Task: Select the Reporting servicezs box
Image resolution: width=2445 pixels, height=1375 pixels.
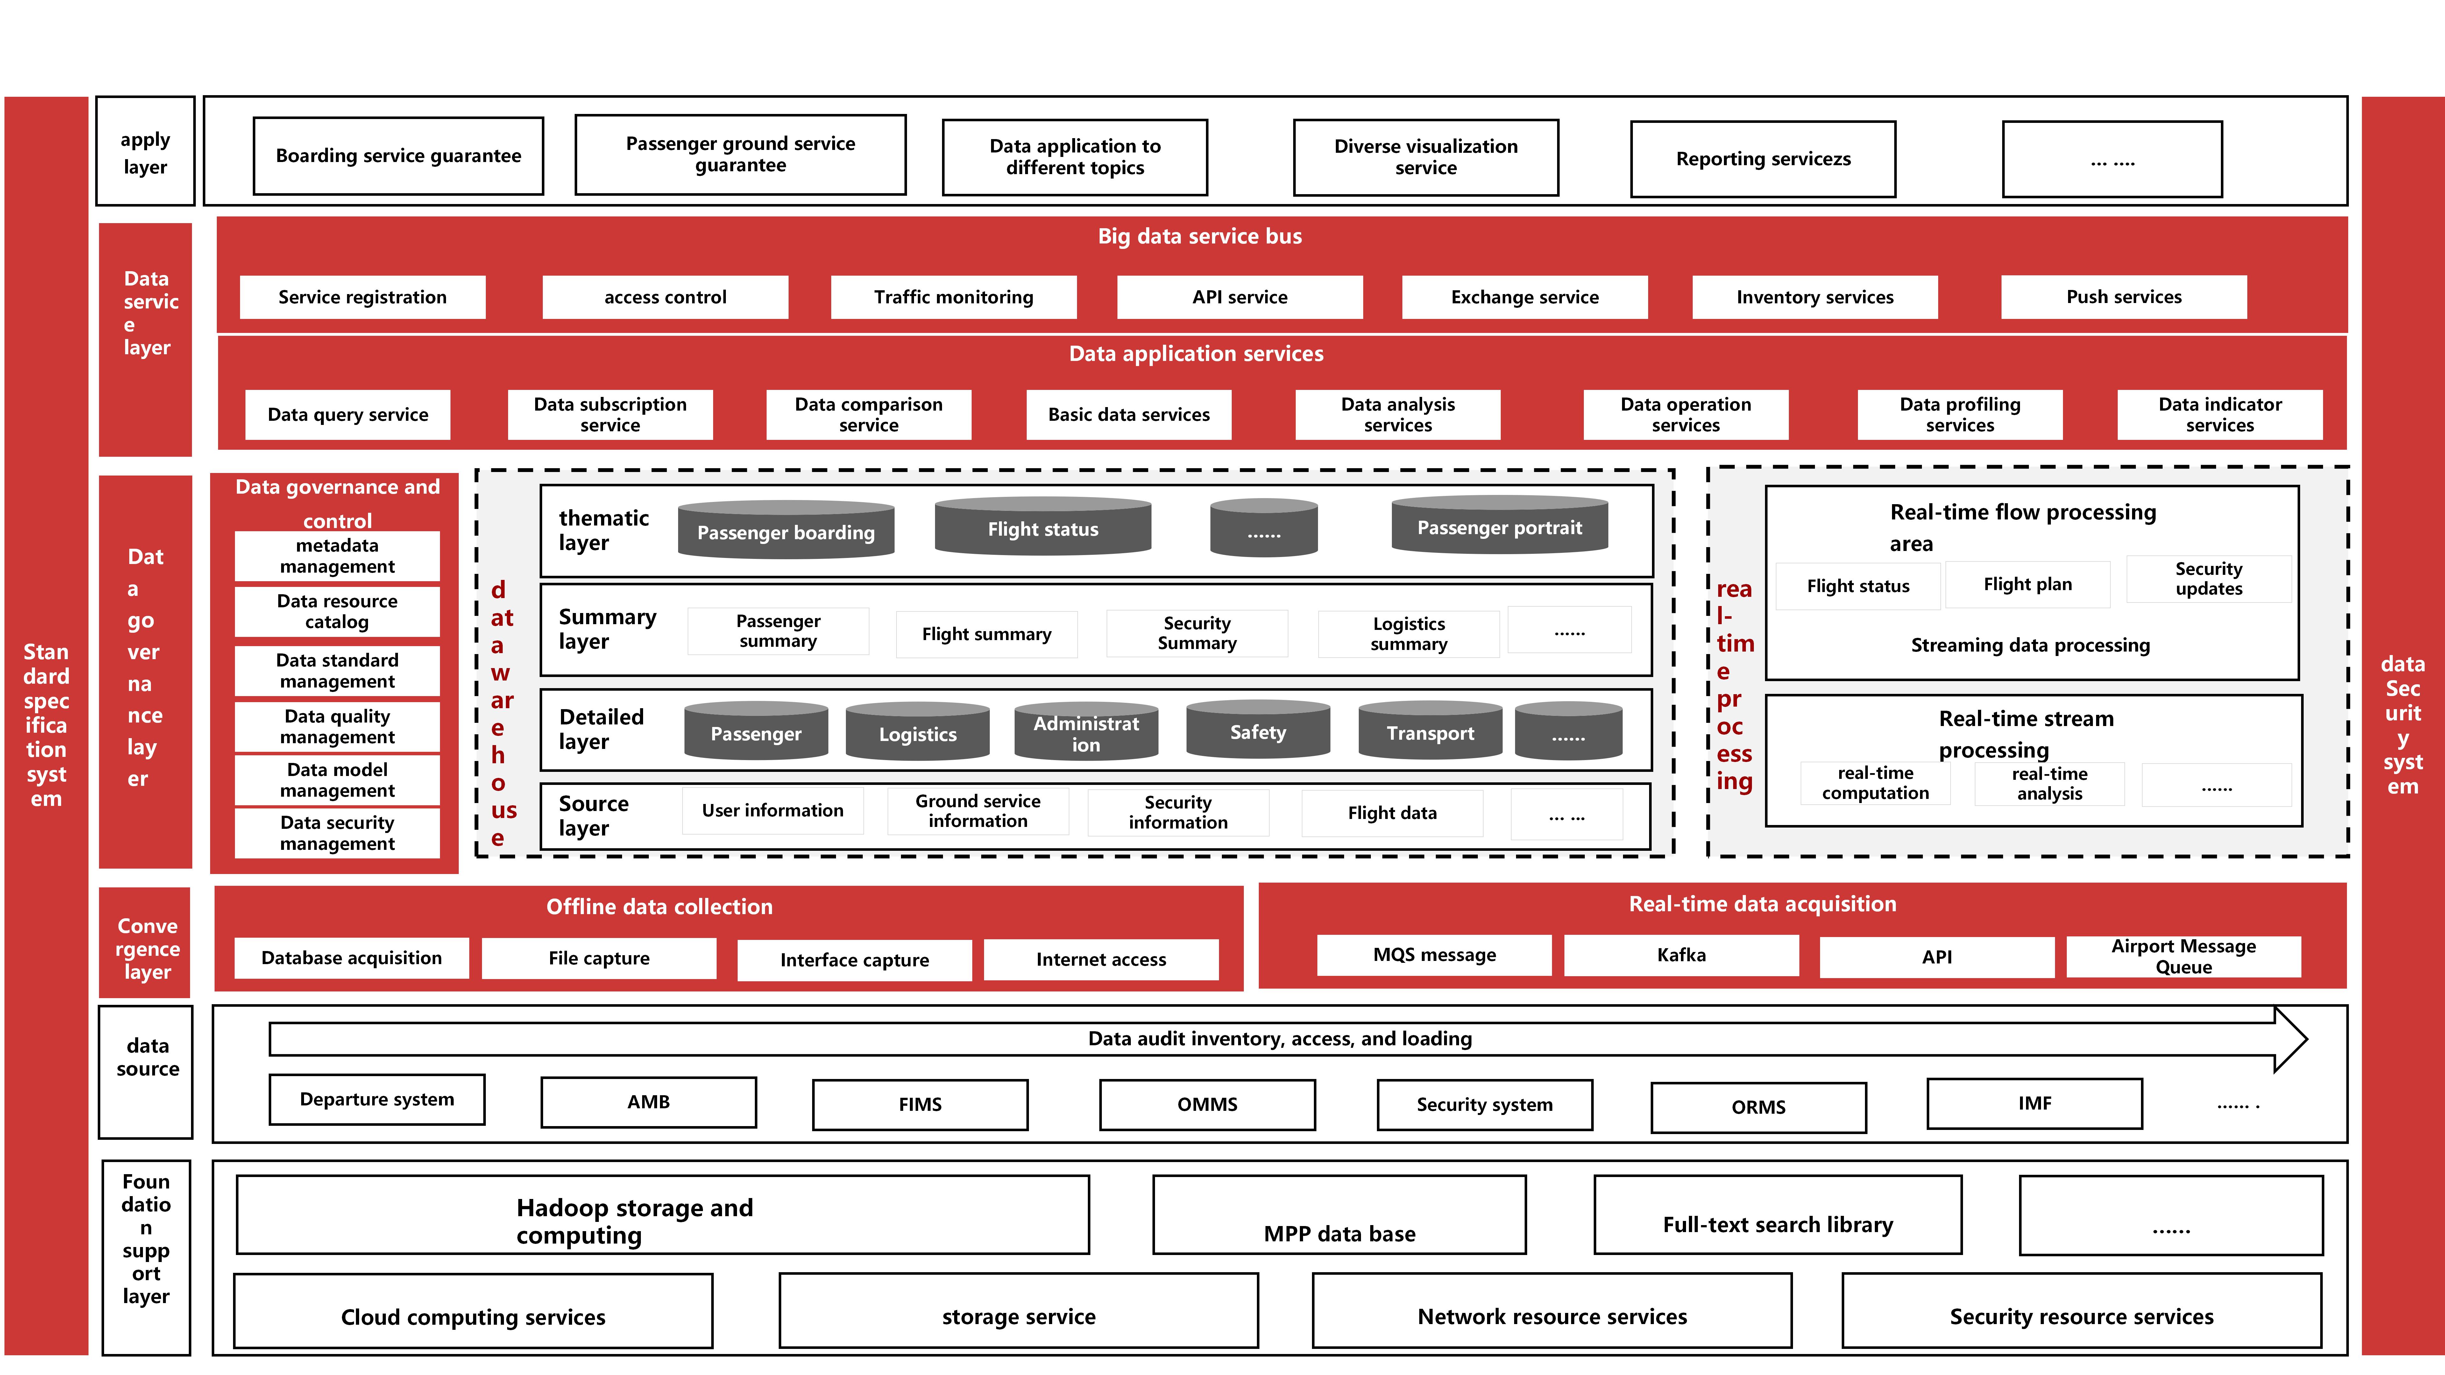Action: (1762, 159)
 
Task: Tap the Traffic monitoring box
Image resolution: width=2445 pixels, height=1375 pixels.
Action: (953, 297)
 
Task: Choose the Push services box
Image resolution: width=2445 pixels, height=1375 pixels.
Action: (2123, 297)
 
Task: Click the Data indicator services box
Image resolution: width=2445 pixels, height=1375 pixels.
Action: (2219, 415)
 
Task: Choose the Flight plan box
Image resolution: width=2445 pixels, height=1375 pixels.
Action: (2027, 585)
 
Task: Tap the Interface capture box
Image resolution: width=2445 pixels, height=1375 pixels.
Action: (854, 959)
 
